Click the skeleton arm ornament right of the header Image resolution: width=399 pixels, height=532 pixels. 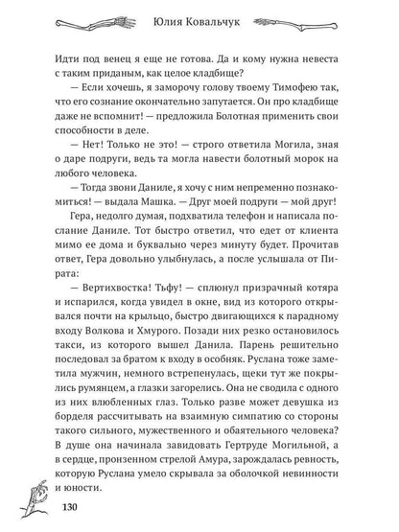[306, 19]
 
